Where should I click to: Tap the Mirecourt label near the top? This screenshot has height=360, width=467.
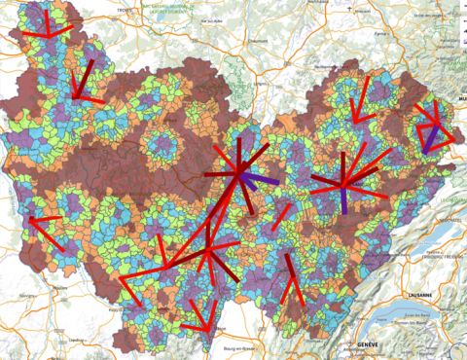[363, 11]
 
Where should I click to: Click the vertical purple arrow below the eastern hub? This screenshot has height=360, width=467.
[344, 200]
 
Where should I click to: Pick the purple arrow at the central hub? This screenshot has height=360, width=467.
[261, 180]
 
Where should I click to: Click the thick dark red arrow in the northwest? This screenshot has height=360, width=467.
[83, 78]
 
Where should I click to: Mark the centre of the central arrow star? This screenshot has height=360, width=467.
[239, 173]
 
